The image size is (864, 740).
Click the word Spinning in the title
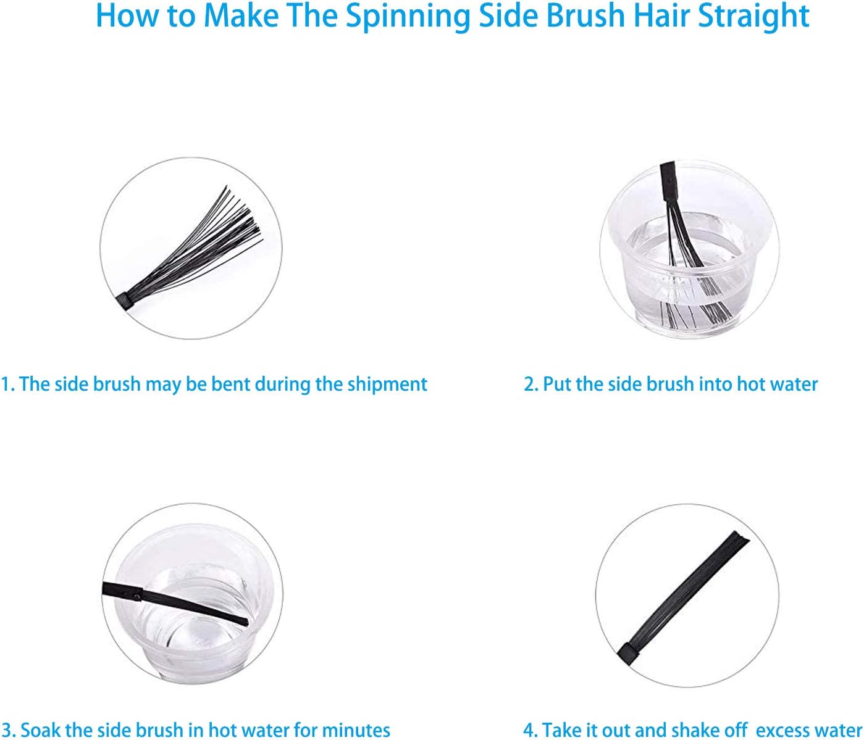tap(408, 17)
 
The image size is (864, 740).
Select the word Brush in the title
tap(585, 16)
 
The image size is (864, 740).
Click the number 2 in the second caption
tap(529, 385)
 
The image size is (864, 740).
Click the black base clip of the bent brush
tap(124, 301)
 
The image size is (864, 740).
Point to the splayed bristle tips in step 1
tap(243, 213)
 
